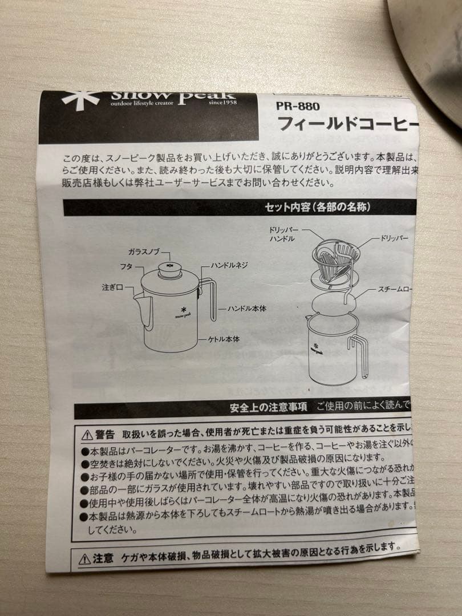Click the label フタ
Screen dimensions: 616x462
(126, 266)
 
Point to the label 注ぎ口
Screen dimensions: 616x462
(112, 288)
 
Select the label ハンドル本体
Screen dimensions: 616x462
(248, 307)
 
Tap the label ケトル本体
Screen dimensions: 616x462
(224, 339)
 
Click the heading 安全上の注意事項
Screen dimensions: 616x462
(268, 407)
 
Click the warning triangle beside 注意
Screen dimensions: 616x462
(84, 558)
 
